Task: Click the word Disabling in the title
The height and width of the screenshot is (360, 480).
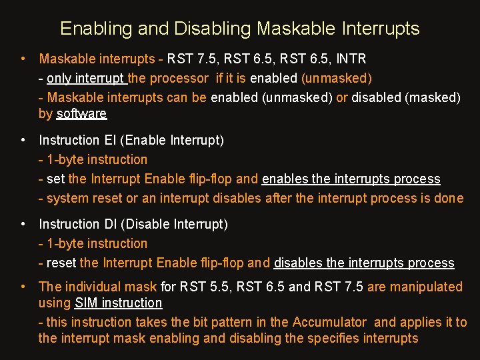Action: click(213, 29)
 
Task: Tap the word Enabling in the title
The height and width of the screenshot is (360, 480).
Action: click(96, 29)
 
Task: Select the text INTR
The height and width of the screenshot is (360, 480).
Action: click(351, 59)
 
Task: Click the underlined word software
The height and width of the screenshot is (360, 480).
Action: click(81, 113)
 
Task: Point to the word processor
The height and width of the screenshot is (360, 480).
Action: click(179, 79)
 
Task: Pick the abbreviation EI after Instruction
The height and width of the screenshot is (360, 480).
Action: click(110, 140)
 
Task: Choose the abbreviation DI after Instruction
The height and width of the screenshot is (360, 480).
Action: click(111, 224)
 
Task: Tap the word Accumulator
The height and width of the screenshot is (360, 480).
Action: click(329, 322)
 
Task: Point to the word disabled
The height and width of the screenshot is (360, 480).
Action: click(376, 97)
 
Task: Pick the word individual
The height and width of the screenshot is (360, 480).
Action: click(93, 287)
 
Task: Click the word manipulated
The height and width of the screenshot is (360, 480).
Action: click(427, 287)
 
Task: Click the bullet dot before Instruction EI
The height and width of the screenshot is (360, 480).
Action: click(23, 140)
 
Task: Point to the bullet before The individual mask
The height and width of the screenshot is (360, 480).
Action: click(23, 287)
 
